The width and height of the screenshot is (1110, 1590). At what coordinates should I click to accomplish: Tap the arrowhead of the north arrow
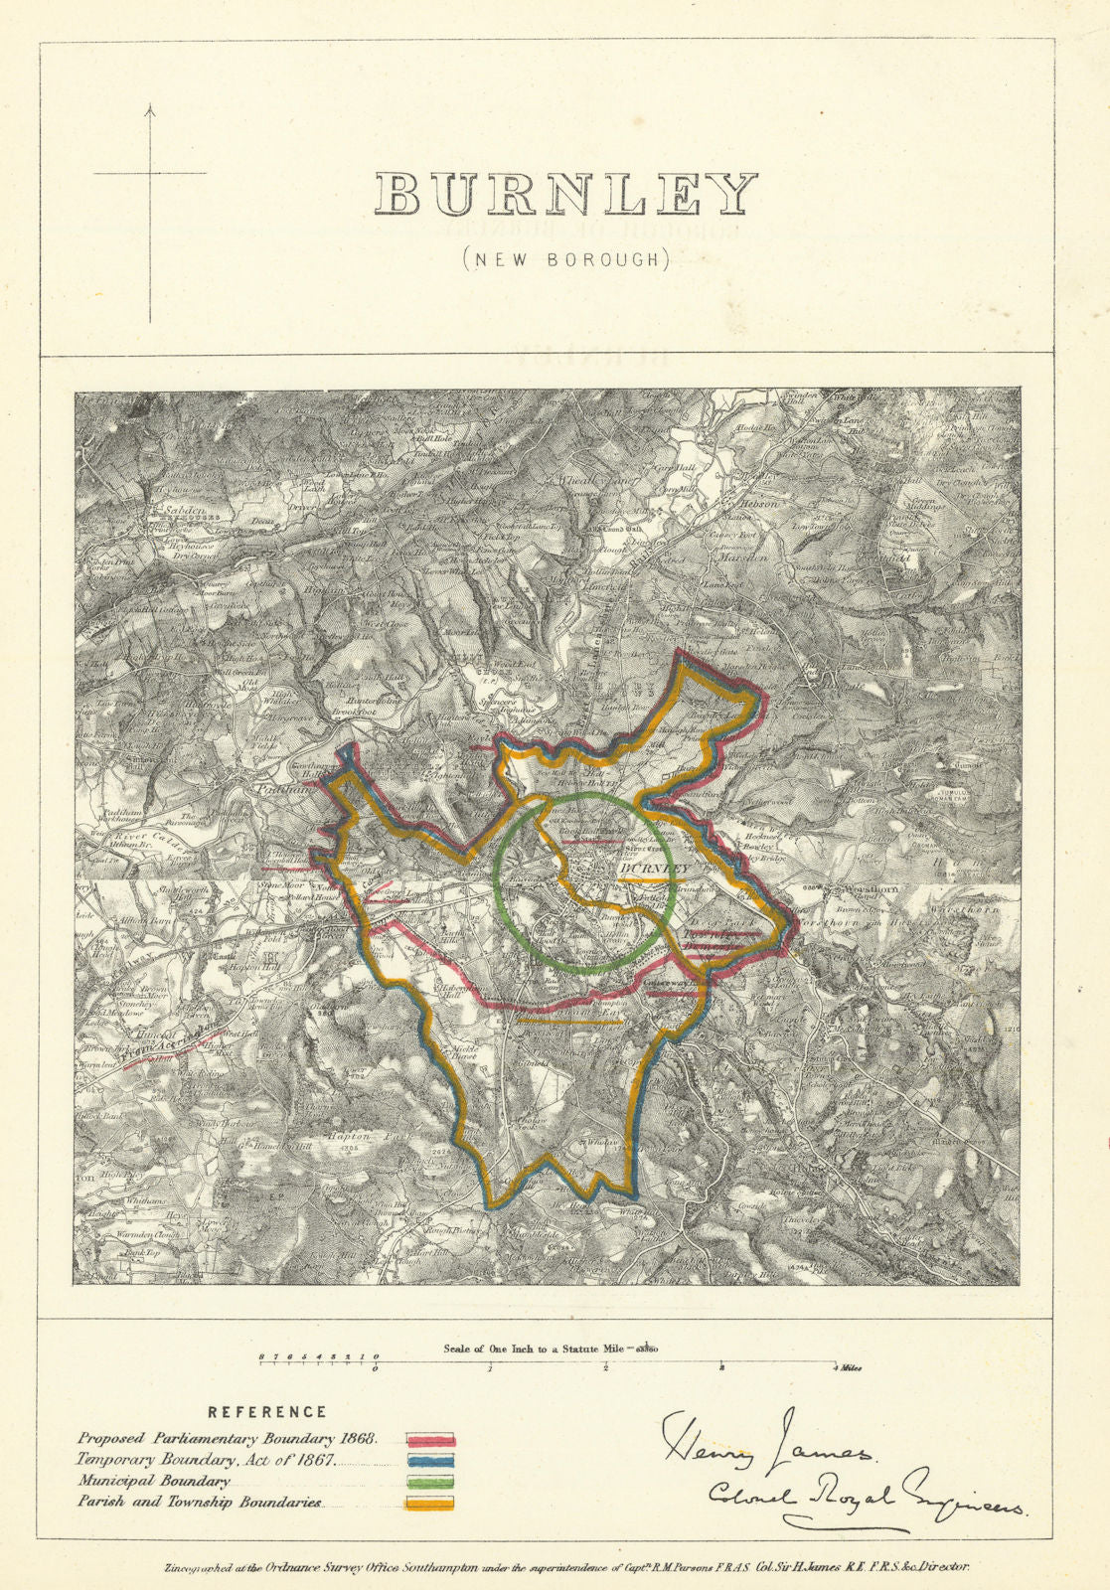click(150, 108)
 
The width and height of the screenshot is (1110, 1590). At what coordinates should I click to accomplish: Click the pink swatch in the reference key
click(430, 1439)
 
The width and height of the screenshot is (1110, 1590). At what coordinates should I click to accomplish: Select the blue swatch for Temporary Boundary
click(430, 1461)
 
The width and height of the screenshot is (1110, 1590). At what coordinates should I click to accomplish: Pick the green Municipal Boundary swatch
click(430, 1482)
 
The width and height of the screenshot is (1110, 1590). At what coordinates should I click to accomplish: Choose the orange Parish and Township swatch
click(430, 1503)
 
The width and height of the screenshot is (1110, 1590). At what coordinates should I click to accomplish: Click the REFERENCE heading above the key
click(266, 1411)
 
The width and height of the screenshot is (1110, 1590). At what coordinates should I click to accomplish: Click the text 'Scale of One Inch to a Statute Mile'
click(533, 1349)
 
